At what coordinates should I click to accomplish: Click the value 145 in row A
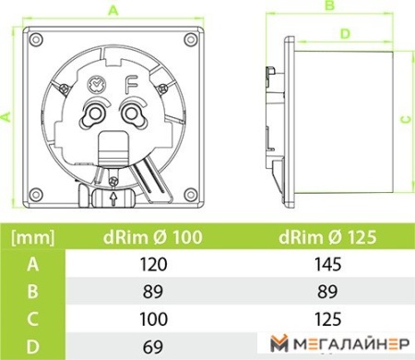[x=326, y=265]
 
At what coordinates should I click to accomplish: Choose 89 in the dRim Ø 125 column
[x=326, y=291]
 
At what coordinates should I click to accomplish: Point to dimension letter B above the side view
[x=327, y=6]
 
